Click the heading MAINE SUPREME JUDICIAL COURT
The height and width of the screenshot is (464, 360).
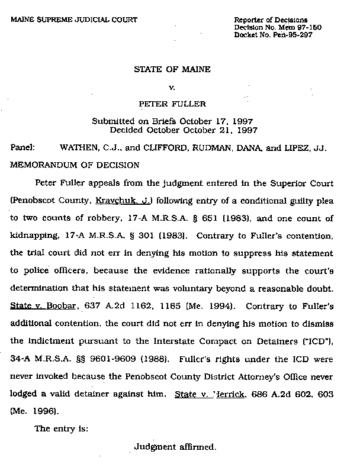tap(74, 20)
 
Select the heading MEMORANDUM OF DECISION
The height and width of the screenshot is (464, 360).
tap(75, 165)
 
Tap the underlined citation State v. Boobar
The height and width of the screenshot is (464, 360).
tap(40, 307)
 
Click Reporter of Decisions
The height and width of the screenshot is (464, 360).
tap(270, 20)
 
